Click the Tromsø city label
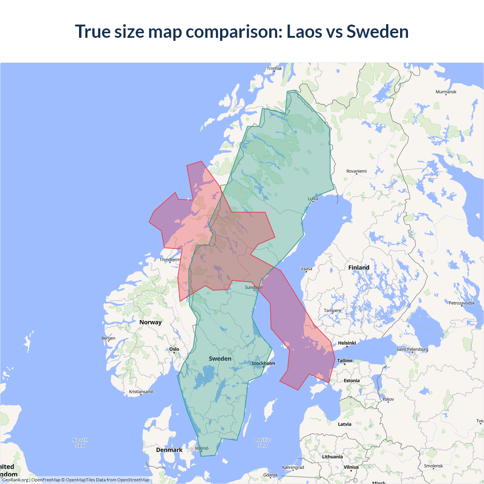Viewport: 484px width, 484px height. tap(274, 68)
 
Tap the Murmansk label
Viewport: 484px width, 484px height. tap(446, 92)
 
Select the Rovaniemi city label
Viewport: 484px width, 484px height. tap(357, 171)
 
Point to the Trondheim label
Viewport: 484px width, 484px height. tap(170, 260)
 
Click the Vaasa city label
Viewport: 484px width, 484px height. tap(306, 269)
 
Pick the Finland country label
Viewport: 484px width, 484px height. tap(359, 268)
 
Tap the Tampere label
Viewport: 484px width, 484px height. tap(332, 311)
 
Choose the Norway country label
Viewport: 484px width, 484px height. tap(150, 322)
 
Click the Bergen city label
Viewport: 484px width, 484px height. tap(108, 338)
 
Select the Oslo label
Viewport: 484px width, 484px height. tap(174, 349)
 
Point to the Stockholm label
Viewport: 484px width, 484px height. tap(264, 363)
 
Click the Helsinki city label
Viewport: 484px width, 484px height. tap(347, 343)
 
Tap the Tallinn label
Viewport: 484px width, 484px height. tap(344, 361)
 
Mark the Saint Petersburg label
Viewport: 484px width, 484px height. tap(412, 349)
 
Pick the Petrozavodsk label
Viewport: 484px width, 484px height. tap(462, 303)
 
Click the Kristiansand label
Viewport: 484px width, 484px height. tap(141, 392)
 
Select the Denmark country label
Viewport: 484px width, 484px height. tap(169, 450)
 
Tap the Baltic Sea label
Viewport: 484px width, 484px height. tap(263, 443)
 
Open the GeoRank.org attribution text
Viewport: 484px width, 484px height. tap(15, 480)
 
